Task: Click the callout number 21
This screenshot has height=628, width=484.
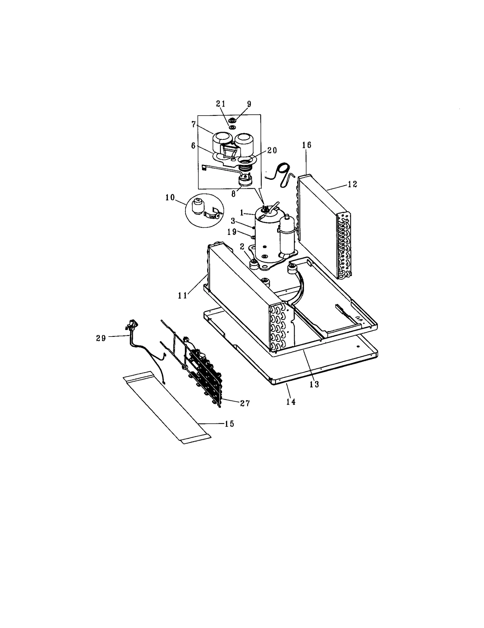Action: coord(221,104)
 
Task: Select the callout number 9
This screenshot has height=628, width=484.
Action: coord(249,104)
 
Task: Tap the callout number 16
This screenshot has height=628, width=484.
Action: coord(306,145)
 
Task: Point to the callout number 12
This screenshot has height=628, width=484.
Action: coord(352,184)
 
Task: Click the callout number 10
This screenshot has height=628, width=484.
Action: coord(170,198)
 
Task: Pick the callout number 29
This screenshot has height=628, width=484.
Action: coord(101,338)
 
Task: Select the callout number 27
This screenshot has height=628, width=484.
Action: coord(245,403)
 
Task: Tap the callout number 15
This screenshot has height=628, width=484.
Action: coord(230,424)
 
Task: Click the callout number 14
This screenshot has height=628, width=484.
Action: coord(291,402)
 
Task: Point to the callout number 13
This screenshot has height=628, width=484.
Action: coord(315,384)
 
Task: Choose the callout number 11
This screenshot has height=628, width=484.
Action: coord(183,295)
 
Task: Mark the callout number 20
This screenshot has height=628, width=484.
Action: coord(272,150)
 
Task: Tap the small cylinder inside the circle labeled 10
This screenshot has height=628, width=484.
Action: coord(198,207)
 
